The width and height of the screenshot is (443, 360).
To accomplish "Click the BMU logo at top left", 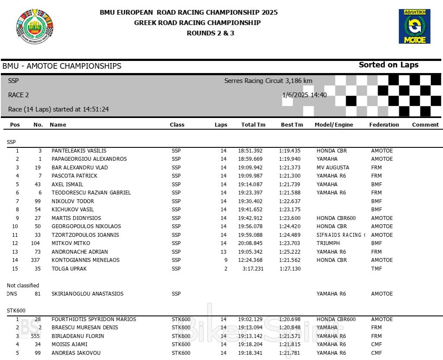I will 35,26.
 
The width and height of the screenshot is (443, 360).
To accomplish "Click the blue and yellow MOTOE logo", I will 414,26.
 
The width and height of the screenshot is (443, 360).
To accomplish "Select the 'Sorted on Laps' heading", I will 388,65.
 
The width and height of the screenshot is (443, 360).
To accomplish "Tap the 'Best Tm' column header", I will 292,124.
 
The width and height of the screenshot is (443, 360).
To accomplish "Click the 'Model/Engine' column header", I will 334,124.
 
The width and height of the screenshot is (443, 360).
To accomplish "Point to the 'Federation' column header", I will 384,124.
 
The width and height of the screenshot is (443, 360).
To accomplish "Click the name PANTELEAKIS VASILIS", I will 79,151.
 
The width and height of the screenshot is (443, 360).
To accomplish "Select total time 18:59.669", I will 250,159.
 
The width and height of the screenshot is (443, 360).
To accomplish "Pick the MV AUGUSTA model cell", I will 333,168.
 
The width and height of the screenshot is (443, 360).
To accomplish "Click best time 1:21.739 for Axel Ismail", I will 290,185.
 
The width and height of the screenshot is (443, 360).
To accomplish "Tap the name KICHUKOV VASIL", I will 73,210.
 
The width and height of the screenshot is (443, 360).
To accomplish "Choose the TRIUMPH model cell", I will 328,243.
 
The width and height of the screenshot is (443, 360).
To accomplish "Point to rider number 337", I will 36,260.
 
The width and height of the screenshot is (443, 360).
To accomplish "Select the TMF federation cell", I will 376,269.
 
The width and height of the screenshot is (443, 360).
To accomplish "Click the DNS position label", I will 11,294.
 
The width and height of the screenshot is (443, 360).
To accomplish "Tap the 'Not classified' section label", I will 23,286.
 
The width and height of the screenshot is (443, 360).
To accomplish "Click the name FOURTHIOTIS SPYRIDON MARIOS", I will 94,319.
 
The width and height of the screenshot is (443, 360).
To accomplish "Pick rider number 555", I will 36,336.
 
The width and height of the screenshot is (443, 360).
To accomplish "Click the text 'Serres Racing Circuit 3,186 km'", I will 268,81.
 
